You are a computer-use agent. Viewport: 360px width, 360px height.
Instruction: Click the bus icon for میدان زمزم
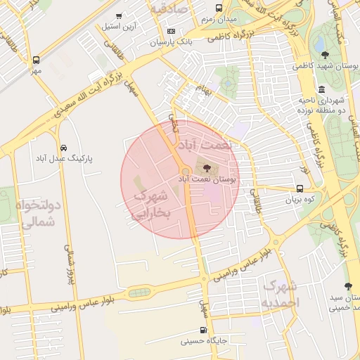click(x=219, y=8)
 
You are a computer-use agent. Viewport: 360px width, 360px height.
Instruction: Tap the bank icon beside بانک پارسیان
click(x=172, y=32)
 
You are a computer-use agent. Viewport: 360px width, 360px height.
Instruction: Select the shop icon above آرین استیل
click(x=118, y=16)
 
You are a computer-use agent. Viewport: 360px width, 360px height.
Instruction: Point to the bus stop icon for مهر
click(x=36, y=60)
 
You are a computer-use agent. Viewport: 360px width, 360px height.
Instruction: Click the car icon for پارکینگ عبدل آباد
click(x=65, y=148)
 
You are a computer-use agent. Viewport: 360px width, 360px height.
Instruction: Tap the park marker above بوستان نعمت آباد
click(x=205, y=169)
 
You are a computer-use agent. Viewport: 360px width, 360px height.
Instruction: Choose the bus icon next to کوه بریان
click(x=300, y=188)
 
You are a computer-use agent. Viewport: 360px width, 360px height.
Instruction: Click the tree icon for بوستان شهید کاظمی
click(x=324, y=54)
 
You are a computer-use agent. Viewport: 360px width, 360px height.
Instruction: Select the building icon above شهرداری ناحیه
click(x=321, y=89)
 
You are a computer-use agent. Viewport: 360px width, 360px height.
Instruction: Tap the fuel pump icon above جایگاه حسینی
click(x=203, y=330)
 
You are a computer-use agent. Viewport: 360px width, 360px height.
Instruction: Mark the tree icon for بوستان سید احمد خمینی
click(x=348, y=286)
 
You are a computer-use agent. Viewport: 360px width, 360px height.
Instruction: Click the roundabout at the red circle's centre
click(x=185, y=172)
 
